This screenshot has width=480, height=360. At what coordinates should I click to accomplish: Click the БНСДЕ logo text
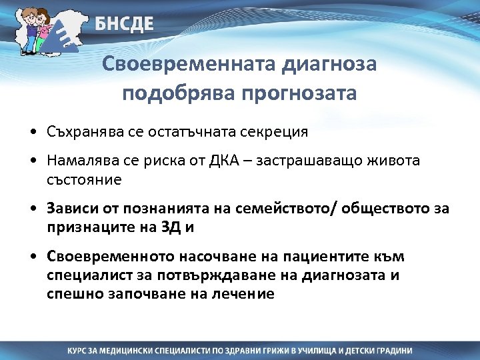point(123,24)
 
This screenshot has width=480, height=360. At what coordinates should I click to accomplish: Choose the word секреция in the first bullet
point(275,131)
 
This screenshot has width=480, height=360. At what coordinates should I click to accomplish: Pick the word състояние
point(83,180)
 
